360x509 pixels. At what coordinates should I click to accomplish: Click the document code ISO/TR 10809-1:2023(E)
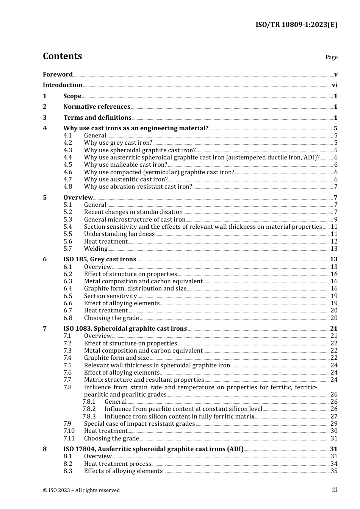(296, 25)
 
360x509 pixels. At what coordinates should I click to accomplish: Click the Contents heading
(63, 56)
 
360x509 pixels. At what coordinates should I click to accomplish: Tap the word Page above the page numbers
(331, 57)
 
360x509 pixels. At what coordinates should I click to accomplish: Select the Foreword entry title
(58, 74)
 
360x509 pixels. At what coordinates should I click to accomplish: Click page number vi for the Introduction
(335, 85)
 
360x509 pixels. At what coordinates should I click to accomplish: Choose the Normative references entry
(97, 107)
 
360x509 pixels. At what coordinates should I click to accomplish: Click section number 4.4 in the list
(68, 158)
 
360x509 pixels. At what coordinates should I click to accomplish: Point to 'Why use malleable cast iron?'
(125, 165)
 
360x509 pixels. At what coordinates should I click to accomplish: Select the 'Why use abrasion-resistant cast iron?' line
(138, 187)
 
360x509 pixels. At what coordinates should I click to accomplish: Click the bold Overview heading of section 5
(78, 197)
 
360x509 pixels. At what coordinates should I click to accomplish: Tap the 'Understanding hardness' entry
(119, 234)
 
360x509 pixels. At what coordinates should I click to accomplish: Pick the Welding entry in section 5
(96, 249)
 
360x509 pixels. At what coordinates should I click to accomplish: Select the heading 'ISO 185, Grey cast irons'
(100, 259)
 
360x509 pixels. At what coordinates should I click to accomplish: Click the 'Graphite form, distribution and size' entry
(135, 289)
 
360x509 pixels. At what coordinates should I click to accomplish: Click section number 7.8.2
(89, 409)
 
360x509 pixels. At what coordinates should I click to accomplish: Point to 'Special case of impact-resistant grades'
(139, 424)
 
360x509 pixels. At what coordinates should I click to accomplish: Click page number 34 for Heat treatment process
(334, 464)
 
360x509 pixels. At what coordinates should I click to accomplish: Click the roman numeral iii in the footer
(335, 490)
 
